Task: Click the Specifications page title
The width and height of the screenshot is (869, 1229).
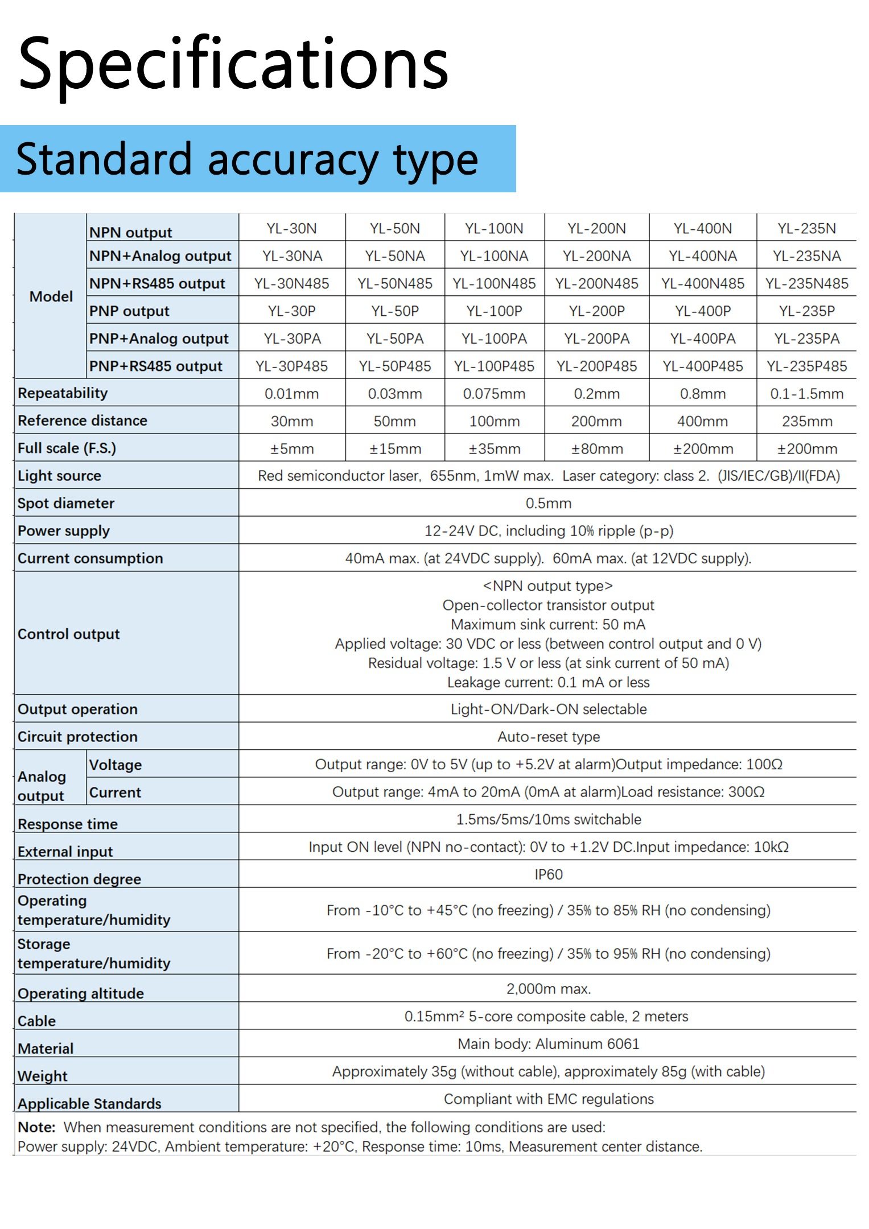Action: coord(233,64)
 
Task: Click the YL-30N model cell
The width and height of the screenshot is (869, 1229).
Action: coord(291,228)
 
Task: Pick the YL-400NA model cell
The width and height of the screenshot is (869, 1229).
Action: coord(702,256)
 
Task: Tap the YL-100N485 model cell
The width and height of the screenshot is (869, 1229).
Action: coord(494,283)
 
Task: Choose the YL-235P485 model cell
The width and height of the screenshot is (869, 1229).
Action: coord(806,366)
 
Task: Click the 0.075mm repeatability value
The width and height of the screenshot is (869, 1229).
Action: coord(494,394)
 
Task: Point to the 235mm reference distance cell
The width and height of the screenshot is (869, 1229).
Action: coord(806,421)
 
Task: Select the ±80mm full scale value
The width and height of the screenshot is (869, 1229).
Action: coord(596,449)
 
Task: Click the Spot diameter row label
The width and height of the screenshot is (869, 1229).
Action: coord(66,503)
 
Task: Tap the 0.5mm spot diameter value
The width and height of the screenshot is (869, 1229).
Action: coord(548,503)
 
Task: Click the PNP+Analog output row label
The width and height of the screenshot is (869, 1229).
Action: coord(159,339)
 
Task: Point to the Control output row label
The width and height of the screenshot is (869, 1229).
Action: coord(69,634)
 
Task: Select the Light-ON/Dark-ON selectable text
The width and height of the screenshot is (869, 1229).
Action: coord(548,709)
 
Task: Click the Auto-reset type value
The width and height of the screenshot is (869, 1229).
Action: coord(548,737)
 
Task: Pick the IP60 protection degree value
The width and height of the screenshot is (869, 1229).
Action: coord(548,874)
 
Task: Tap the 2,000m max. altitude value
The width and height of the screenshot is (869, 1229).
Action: coord(548,989)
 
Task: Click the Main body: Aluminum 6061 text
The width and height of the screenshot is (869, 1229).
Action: coord(548,1044)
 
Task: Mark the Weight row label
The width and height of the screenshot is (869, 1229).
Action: coord(43,1075)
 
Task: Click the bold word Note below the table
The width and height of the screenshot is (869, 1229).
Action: coord(36,1127)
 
